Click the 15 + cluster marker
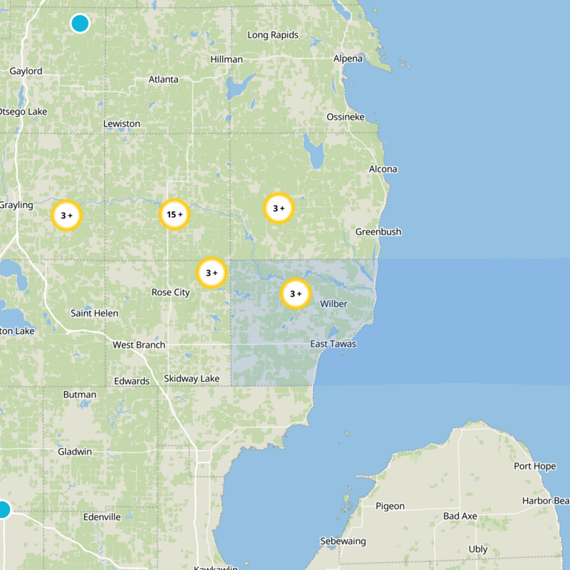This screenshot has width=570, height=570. [x=175, y=214]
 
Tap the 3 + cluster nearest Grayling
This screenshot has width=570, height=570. [x=67, y=215]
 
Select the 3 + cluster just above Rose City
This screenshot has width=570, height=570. [x=212, y=273]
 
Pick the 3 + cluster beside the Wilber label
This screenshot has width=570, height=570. [x=296, y=294]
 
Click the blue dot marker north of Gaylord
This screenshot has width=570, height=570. [x=80, y=24]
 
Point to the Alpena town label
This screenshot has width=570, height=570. [x=348, y=58]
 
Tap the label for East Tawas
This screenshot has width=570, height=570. [x=333, y=344]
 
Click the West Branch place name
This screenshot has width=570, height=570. [x=139, y=345]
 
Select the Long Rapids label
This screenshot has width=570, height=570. [x=272, y=35]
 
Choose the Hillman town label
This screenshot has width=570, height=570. [x=227, y=59]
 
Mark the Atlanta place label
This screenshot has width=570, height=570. [x=163, y=79]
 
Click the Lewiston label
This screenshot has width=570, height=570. [x=122, y=123]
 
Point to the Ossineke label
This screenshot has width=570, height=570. [x=346, y=116]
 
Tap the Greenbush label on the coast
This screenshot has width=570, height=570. [x=378, y=232]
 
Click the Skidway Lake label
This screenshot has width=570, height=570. [x=192, y=378]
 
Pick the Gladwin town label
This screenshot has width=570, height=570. [x=76, y=452]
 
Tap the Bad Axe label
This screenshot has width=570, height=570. [x=460, y=515]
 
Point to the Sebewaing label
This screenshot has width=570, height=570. [x=343, y=541]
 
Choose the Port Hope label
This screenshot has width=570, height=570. [x=534, y=466]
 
